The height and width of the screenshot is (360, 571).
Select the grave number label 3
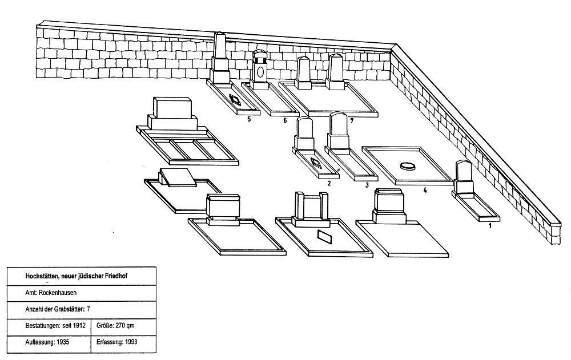click(367, 185)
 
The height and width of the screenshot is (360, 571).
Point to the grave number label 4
click(425, 190)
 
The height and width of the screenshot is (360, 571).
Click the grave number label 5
click(249, 119)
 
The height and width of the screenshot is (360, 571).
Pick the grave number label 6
click(283, 121)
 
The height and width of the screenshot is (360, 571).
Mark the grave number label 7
click(352, 121)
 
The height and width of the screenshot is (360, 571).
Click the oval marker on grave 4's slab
click(408, 166)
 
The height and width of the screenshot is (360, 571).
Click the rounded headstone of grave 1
click(463, 174)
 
